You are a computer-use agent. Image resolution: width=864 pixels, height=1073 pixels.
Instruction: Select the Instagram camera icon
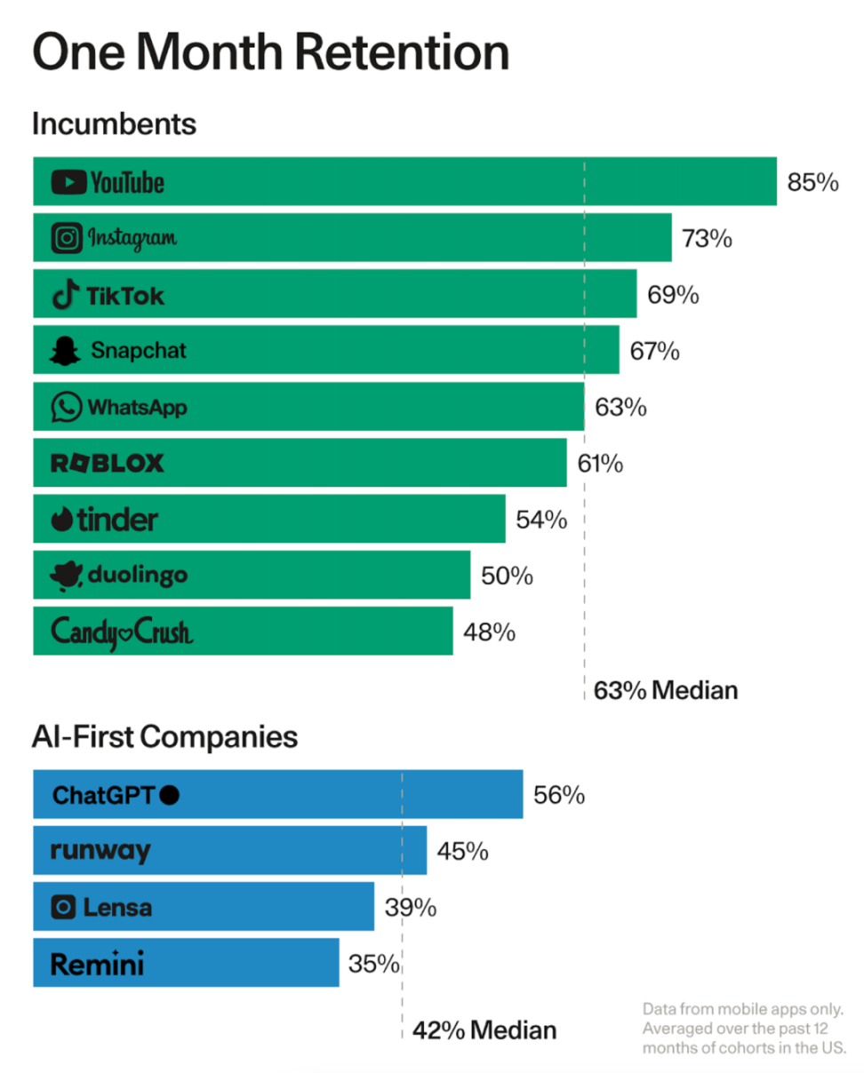(67, 238)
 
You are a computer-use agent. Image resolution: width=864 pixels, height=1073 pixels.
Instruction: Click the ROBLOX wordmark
(108, 463)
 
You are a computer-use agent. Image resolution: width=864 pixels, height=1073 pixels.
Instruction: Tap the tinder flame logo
(63, 520)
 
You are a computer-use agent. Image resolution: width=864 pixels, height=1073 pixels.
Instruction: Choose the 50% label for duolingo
(507, 576)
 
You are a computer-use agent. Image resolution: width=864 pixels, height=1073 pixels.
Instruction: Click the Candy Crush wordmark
(122, 632)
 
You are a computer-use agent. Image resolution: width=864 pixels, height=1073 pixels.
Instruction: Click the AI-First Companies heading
(164, 736)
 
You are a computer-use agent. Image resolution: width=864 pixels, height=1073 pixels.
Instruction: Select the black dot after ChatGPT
(170, 795)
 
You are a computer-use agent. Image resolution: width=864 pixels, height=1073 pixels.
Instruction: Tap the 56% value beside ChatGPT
(559, 795)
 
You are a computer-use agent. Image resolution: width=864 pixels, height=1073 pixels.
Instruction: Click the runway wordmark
(100, 851)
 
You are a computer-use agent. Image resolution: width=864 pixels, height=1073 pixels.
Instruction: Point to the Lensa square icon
(63, 907)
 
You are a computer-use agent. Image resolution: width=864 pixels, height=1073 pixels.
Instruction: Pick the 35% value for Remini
(373, 963)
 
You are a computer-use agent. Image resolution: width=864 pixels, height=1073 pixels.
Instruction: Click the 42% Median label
(484, 1030)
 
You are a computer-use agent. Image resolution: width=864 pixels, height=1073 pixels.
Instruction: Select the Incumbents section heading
(114, 123)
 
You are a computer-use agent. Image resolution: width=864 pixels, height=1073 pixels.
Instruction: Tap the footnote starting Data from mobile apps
(743, 1029)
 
